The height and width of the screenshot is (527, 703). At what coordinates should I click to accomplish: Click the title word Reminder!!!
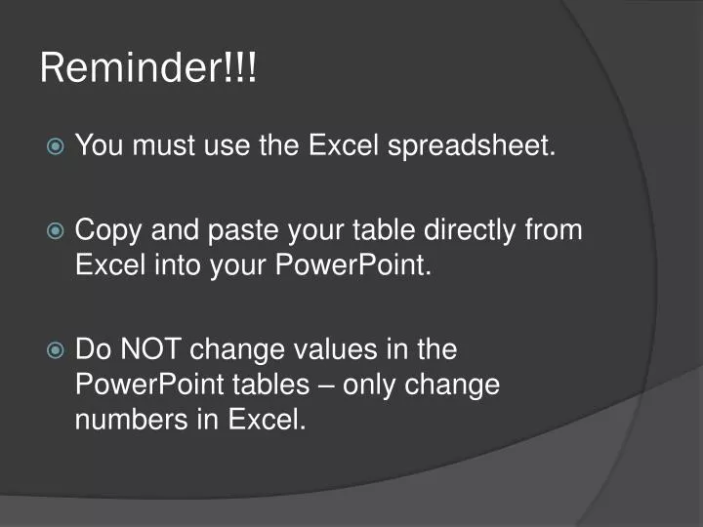pyautogui.click(x=148, y=68)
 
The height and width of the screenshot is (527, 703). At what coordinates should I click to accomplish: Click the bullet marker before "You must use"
pyautogui.click(x=56, y=147)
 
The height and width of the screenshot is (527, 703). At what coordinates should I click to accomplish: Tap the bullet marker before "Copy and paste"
pyautogui.click(x=56, y=231)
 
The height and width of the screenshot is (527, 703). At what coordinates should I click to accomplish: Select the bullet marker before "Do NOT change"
pyautogui.click(x=56, y=349)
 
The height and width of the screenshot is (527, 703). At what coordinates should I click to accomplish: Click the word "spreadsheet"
pyautogui.click(x=473, y=147)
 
